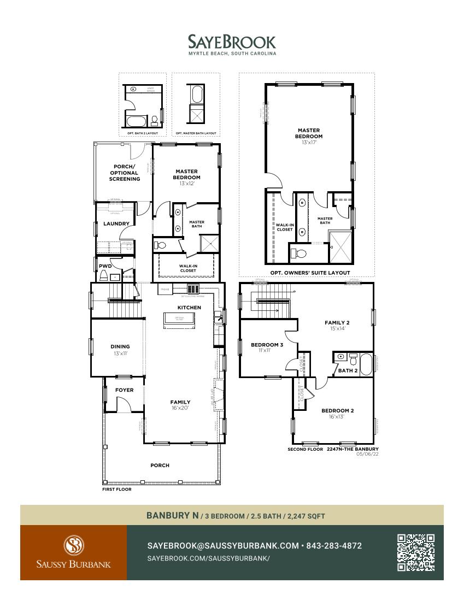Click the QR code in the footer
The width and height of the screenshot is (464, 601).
(x=416, y=552)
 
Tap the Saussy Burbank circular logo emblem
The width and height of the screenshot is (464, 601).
(x=73, y=545)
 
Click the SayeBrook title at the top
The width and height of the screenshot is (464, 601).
(x=232, y=42)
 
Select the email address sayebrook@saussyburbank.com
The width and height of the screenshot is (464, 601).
(x=223, y=546)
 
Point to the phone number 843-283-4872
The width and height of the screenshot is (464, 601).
(x=334, y=546)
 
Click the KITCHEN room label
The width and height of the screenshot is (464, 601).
(x=189, y=308)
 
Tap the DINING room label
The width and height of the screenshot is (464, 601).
(x=120, y=346)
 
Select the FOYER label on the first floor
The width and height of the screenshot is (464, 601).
(x=124, y=390)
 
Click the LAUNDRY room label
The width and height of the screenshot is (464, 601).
(x=116, y=223)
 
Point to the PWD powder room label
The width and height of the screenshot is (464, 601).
(x=105, y=266)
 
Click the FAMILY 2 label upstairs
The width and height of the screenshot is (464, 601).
(x=337, y=323)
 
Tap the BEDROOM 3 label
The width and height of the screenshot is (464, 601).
(x=267, y=345)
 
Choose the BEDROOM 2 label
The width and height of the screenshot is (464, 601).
(x=337, y=410)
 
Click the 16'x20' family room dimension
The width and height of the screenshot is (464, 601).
(x=180, y=408)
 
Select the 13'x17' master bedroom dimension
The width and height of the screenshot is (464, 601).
(x=309, y=142)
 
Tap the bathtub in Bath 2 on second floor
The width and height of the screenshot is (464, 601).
(x=366, y=364)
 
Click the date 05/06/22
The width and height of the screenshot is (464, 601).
(x=367, y=453)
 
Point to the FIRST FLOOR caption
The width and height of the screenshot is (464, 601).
(x=116, y=490)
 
